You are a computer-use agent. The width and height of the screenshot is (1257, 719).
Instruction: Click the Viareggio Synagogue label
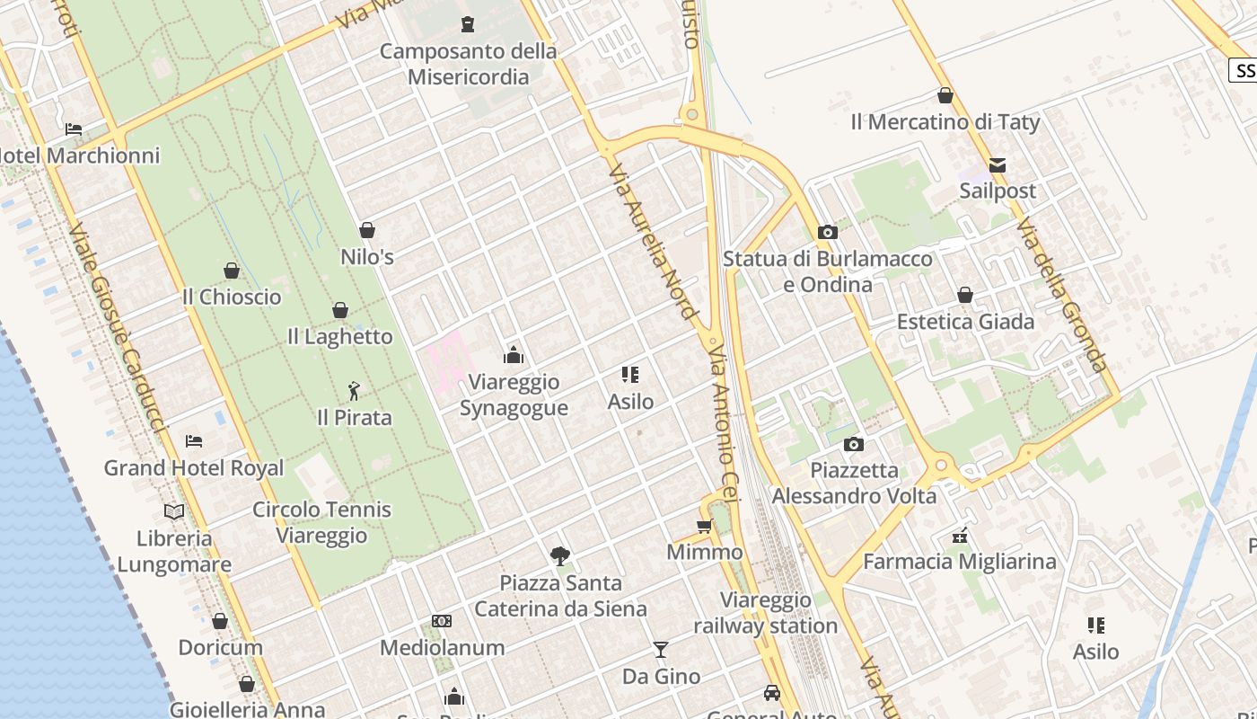pos(514,395)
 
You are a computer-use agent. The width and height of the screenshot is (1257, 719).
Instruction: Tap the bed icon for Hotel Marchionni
pos(74,129)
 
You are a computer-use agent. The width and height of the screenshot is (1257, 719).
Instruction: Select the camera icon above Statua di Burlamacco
pos(828,233)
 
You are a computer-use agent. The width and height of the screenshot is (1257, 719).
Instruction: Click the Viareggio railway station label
pos(766,613)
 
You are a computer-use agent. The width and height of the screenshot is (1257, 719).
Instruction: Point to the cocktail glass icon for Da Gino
pos(661,649)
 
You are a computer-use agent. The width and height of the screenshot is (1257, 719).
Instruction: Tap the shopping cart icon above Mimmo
pos(704,526)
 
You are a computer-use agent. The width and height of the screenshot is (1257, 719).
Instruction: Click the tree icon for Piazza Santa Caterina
pos(560,556)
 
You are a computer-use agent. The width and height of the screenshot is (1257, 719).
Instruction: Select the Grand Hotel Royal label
pos(194,468)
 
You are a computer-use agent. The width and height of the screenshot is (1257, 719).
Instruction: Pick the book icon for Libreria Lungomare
pos(174,511)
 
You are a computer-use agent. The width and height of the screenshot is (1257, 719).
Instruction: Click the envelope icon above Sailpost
pos(998,165)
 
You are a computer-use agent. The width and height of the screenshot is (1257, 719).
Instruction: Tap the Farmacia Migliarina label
pos(960,562)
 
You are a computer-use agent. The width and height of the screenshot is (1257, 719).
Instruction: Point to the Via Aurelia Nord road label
pos(654,241)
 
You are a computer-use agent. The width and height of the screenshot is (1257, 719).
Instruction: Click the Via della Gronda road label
pos(1063,295)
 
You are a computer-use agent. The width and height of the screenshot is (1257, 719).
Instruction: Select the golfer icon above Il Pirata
pos(354,391)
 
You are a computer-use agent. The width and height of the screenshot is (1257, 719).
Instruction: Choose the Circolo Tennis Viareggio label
pos(321,522)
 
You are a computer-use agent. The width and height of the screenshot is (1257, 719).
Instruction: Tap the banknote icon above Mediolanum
pos(442,621)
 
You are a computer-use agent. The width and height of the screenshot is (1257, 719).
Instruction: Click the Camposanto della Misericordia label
pos(468,64)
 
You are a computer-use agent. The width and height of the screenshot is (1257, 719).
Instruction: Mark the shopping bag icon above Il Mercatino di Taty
pos(945,95)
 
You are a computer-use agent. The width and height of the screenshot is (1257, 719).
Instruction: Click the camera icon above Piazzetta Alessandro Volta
pos(854,444)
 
